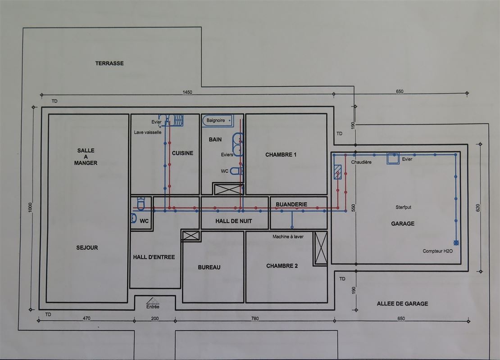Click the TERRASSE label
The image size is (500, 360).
(x=109, y=63)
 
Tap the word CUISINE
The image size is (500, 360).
(x=182, y=153)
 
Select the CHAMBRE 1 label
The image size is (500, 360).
(x=281, y=155)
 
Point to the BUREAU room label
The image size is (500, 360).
(x=209, y=267)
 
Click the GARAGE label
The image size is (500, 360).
(x=403, y=224)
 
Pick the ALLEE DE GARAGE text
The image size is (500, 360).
(x=402, y=304)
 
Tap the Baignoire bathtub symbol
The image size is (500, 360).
(x=218, y=121)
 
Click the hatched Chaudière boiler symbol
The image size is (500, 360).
(x=338, y=172)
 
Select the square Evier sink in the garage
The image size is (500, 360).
(x=393, y=158)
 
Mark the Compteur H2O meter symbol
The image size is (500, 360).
(x=456, y=243)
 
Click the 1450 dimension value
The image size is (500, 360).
(x=187, y=92)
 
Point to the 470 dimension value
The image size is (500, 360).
(x=86, y=318)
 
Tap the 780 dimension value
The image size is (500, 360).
(x=255, y=319)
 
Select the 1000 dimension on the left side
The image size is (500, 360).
(x=30, y=207)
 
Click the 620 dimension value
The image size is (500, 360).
(x=477, y=208)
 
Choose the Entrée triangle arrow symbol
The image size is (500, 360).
(x=153, y=301)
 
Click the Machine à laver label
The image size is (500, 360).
(x=288, y=237)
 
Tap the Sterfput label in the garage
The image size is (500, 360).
(x=404, y=207)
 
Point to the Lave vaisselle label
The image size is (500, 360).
(x=148, y=132)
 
